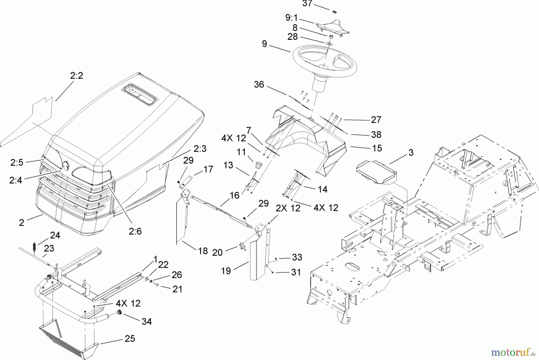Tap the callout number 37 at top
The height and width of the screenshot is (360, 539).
[307, 4]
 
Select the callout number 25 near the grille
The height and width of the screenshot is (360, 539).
[130, 338]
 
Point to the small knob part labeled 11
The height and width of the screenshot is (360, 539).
[258, 164]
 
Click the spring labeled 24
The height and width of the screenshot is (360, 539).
[34, 247]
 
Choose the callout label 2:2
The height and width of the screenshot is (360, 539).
[77, 76]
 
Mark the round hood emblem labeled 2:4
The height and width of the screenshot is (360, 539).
[65, 165]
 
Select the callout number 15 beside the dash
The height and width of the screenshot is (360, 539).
[377, 148]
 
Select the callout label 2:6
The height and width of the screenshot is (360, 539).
[135, 231]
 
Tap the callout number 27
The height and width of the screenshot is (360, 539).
[376, 120]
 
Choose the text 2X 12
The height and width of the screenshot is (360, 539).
[288, 208]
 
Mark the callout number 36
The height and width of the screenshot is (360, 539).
[259, 84]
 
